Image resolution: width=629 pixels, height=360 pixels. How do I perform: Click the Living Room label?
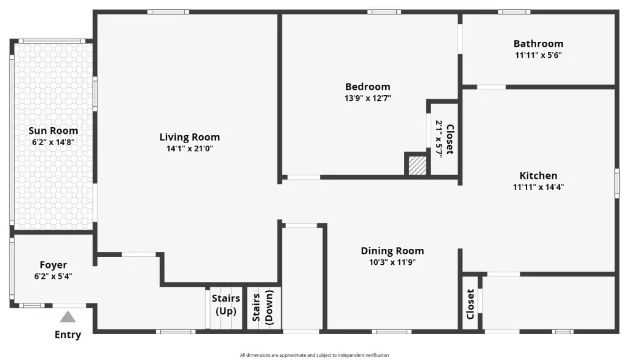(x=189, y=137)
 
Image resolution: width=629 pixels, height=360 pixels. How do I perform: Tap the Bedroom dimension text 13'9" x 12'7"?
(x=367, y=98)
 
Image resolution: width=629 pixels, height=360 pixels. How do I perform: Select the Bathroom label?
(x=538, y=44)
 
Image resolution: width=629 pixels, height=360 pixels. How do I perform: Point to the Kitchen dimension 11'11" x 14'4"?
(x=538, y=187)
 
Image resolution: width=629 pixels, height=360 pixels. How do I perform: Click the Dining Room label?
(x=393, y=251)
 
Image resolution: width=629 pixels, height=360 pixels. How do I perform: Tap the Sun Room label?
(x=53, y=130)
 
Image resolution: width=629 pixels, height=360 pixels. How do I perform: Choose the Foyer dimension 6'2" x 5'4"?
(x=53, y=276)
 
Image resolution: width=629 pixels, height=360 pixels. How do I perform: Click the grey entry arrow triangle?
(x=68, y=316)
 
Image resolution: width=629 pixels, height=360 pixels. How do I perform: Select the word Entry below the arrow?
(x=68, y=334)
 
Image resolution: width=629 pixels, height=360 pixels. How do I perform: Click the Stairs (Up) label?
(x=226, y=305)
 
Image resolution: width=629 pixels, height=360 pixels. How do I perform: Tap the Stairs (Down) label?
(x=263, y=307)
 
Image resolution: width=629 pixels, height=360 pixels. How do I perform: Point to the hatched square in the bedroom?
(x=417, y=165)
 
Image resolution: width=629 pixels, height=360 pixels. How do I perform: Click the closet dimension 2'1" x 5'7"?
(x=439, y=139)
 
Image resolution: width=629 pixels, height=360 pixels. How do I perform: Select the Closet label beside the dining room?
(x=470, y=304)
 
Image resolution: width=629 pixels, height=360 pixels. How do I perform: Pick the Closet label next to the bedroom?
(x=450, y=139)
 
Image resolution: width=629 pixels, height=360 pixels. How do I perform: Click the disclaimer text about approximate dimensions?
(x=314, y=355)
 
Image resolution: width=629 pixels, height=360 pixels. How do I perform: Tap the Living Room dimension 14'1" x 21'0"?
(x=189, y=149)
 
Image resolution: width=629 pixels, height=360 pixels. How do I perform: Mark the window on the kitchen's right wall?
(x=617, y=183)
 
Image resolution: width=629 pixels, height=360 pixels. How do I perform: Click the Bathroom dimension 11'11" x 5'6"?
(x=538, y=55)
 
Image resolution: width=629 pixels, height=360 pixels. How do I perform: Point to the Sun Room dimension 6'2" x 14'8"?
(x=53, y=142)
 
